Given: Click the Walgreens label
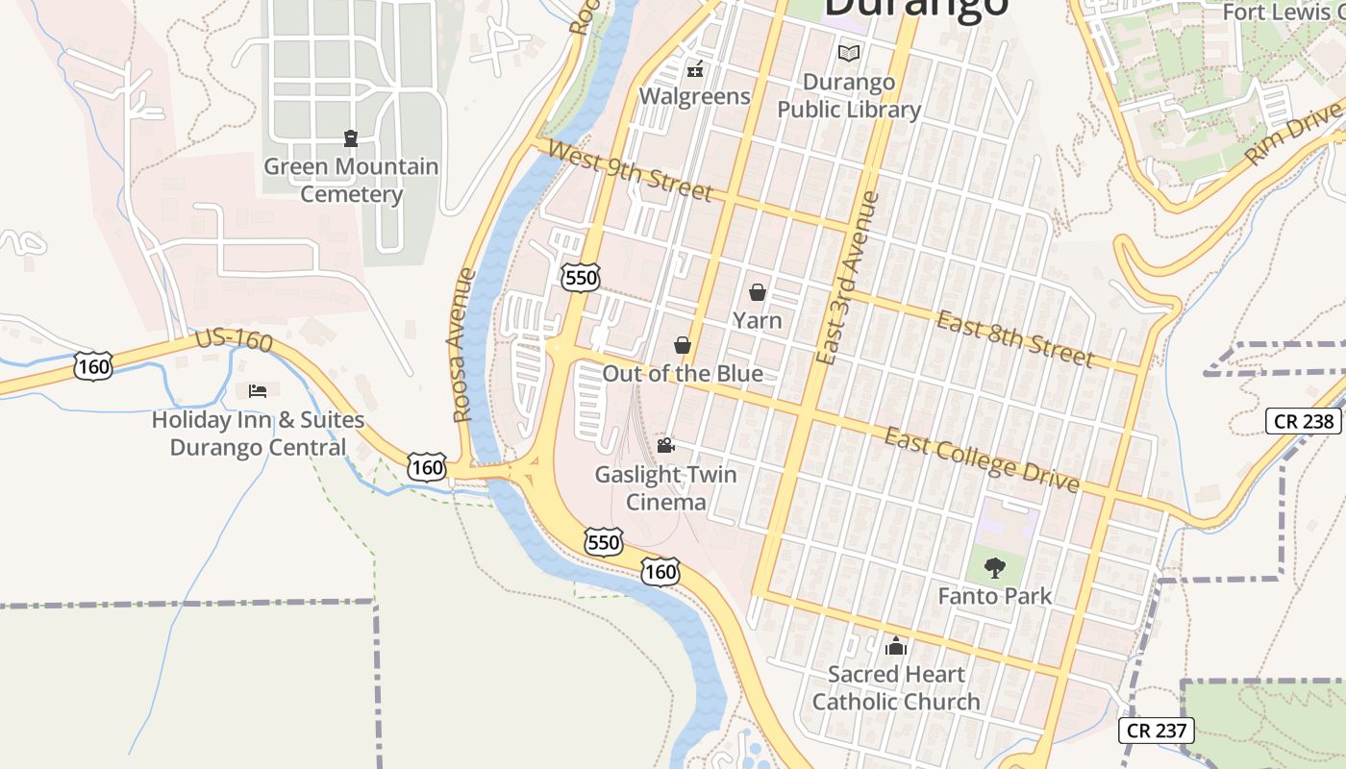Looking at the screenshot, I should pyautogui.click(x=694, y=96).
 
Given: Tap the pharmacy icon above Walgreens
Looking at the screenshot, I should pyautogui.click(x=695, y=70).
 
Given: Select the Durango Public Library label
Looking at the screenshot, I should pyautogui.click(x=849, y=96).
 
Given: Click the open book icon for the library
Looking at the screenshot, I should pyautogui.click(x=849, y=53).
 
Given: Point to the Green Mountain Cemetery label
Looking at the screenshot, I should pyautogui.click(x=351, y=180).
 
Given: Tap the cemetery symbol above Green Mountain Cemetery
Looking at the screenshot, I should pyautogui.click(x=351, y=138).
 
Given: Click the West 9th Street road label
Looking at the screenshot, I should pyautogui.click(x=630, y=171).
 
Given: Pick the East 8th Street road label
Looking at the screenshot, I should pyautogui.click(x=1015, y=338).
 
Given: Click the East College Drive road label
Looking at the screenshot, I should pyautogui.click(x=982, y=459).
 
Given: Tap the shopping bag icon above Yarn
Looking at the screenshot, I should pyautogui.click(x=758, y=292).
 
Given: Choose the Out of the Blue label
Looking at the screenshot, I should pyautogui.click(x=683, y=374).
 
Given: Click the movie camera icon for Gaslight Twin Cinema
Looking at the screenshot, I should pyautogui.click(x=665, y=445).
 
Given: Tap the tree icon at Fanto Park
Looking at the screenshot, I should pyautogui.click(x=995, y=568).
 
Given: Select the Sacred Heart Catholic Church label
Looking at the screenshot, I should pyautogui.click(x=896, y=688).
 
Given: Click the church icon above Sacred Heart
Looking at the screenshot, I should pyautogui.click(x=896, y=646).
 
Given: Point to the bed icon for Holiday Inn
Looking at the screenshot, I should pyautogui.click(x=258, y=390).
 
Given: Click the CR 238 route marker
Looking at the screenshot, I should pyautogui.click(x=1302, y=421).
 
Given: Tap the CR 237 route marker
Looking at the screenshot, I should pyautogui.click(x=1157, y=731).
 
